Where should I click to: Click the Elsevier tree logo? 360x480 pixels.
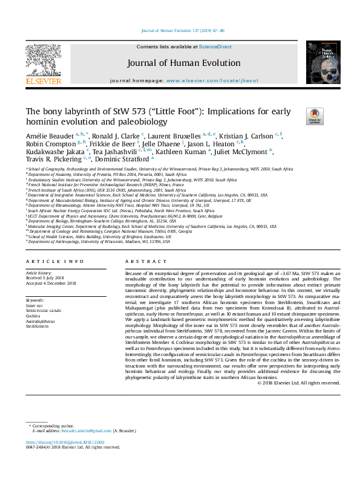click(x=43, y=63)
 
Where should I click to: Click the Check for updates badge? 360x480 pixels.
click(x=315, y=116)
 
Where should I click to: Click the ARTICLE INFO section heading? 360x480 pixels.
click(x=54, y=262)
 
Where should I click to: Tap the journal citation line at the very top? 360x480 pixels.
click(x=180, y=30)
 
